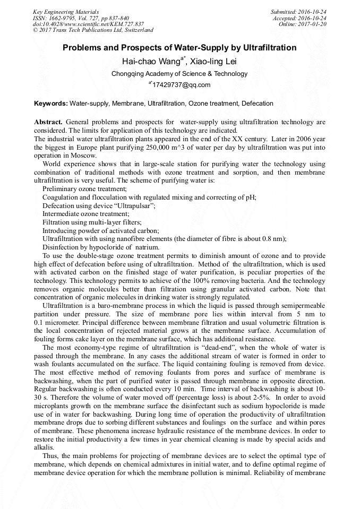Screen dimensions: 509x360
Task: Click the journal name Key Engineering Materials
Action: coord(65,12)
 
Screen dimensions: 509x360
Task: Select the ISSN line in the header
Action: coord(81,18)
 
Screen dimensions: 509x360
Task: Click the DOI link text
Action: coord(88,24)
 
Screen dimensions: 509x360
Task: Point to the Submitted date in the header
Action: coord(299,12)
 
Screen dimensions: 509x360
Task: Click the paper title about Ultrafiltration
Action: coord(179,48)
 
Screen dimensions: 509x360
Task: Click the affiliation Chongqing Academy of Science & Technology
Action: coord(179,74)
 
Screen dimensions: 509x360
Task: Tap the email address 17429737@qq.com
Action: coord(182,85)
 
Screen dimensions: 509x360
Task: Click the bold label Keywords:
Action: coord(51,103)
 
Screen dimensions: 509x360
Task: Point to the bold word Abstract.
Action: coord(48,122)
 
